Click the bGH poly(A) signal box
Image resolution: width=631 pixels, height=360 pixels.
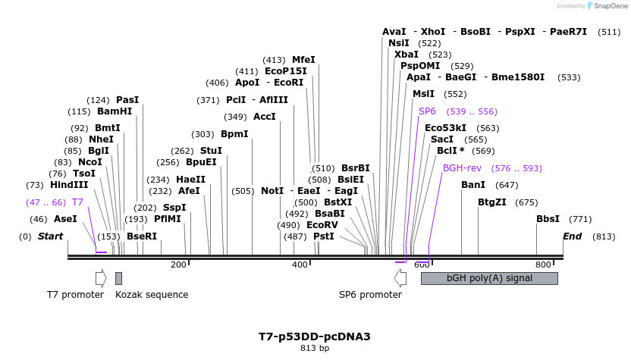[x=489, y=278]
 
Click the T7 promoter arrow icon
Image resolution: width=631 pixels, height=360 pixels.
[x=101, y=278]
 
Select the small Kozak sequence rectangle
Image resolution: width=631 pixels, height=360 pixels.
[x=118, y=278]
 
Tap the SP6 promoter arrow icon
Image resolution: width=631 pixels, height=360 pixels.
[x=400, y=278]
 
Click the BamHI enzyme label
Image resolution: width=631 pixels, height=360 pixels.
[x=115, y=111]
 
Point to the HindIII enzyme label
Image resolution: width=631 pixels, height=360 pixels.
[x=69, y=184]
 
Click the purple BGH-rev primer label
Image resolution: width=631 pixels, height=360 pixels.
[x=462, y=167]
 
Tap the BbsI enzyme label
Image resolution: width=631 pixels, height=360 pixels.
[x=548, y=219]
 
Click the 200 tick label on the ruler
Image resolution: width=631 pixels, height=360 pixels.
[x=178, y=265]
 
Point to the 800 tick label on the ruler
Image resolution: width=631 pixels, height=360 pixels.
[x=544, y=265]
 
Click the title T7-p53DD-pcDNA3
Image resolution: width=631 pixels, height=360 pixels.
[x=315, y=337]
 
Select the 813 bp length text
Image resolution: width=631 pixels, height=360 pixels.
[x=315, y=349]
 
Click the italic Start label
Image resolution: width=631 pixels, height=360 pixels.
[x=50, y=236]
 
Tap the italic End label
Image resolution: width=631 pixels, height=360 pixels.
[x=572, y=236]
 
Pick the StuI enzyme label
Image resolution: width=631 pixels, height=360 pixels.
[x=211, y=151]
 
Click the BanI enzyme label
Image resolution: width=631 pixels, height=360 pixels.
[x=473, y=184]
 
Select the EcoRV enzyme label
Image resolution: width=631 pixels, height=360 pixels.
[x=322, y=225]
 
